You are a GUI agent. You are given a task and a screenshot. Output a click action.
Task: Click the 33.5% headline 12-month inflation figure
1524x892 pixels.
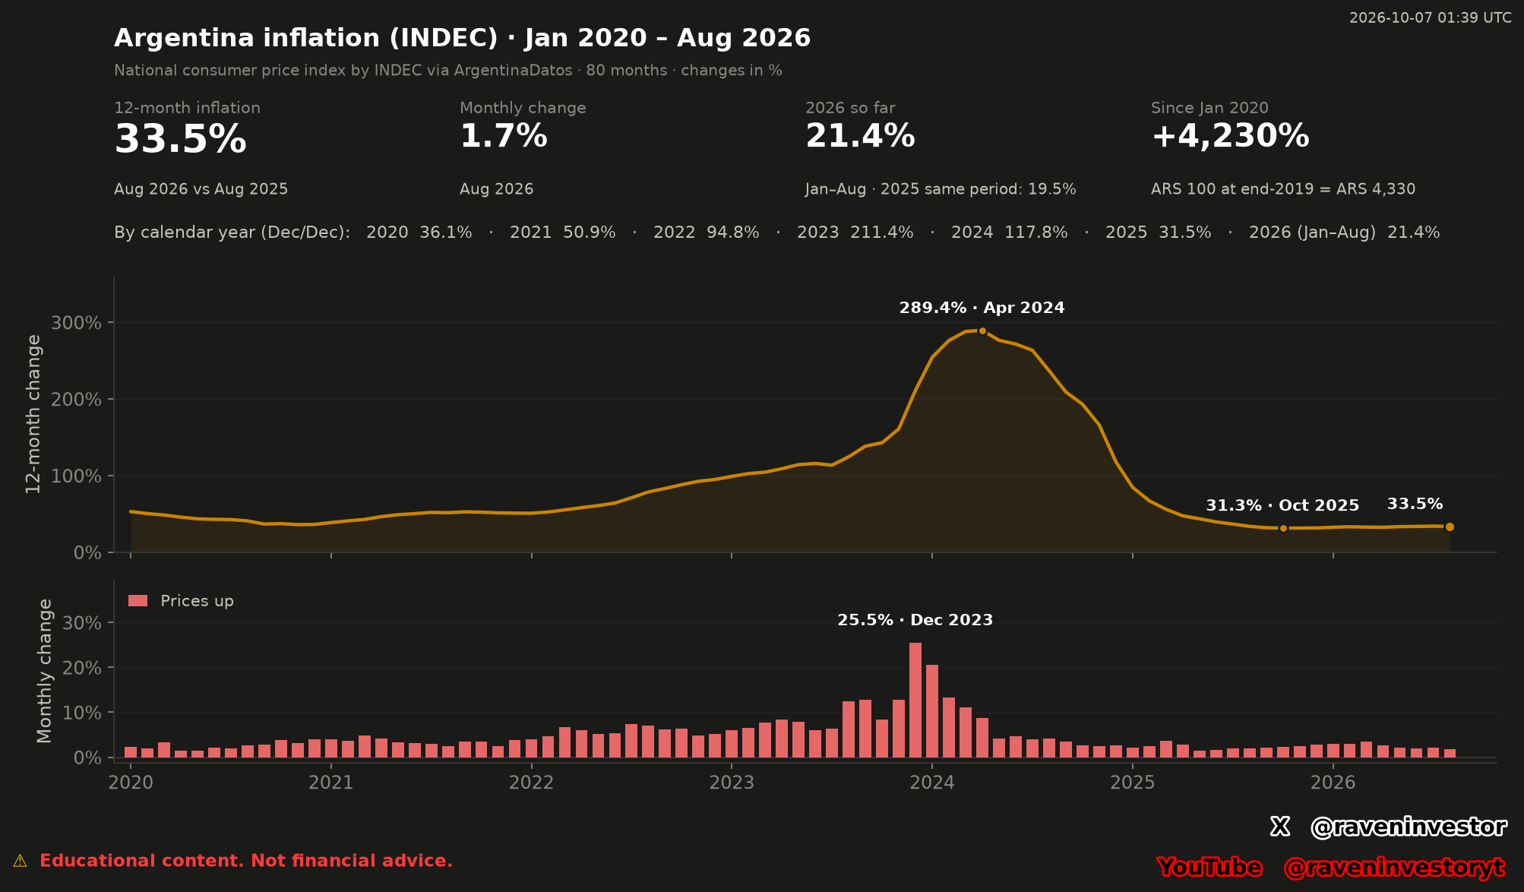(180, 140)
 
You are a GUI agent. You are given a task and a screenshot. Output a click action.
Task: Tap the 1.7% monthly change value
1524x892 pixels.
(504, 137)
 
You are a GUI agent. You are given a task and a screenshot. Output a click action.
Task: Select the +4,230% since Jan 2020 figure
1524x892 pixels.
(1230, 137)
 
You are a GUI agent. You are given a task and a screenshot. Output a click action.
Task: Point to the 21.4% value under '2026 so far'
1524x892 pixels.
(860, 137)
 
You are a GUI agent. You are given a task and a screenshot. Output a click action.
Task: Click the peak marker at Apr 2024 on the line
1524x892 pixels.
(982, 331)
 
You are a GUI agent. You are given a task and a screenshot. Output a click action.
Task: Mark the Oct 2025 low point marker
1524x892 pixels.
(1283, 528)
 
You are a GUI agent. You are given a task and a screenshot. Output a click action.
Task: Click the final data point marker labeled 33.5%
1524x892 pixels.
(1450, 527)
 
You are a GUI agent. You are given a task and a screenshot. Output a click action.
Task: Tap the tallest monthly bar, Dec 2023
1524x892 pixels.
(915, 700)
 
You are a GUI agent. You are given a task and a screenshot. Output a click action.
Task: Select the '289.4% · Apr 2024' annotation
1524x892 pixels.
(982, 308)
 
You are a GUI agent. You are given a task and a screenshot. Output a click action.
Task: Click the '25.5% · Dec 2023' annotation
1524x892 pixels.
(915, 620)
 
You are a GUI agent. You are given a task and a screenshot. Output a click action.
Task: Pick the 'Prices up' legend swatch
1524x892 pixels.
(138, 601)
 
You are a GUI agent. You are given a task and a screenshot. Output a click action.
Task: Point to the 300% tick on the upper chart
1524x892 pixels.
(76, 323)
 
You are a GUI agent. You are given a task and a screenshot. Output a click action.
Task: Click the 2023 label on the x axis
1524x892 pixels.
(732, 783)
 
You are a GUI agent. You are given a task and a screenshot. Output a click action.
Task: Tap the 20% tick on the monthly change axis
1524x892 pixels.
(82, 668)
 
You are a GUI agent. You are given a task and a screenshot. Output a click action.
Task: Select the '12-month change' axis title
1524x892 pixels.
(33, 414)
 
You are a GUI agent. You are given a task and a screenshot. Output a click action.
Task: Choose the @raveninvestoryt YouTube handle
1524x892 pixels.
(1393, 867)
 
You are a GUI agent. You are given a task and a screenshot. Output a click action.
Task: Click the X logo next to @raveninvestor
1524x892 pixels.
(1280, 827)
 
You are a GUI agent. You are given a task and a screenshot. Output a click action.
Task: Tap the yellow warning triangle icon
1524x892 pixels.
(20, 861)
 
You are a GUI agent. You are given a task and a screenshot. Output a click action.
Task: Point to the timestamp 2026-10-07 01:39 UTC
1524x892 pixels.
(1430, 17)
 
